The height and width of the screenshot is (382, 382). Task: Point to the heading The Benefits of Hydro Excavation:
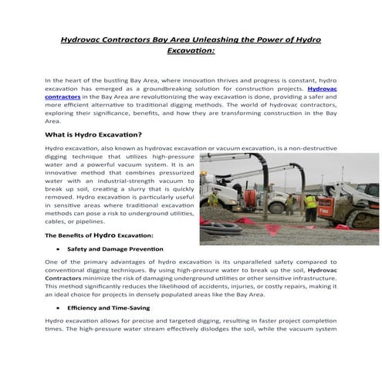(99, 235)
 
